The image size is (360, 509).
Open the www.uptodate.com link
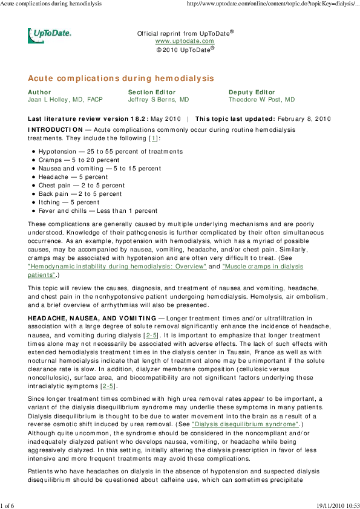click(x=185, y=41)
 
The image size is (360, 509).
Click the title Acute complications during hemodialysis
click(x=121, y=79)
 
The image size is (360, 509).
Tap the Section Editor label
click(x=150, y=92)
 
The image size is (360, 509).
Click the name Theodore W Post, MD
click(x=261, y=100)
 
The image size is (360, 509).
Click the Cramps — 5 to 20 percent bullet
click(x=79, y=160)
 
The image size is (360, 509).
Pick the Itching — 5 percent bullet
click(x=69, y=203)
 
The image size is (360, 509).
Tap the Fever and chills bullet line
click(x=98, y=211)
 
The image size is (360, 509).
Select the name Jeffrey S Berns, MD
click(x=159, y=100)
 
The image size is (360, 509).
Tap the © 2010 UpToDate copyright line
click(x=185, y=50)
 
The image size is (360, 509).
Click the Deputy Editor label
click(x=252, y=92)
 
